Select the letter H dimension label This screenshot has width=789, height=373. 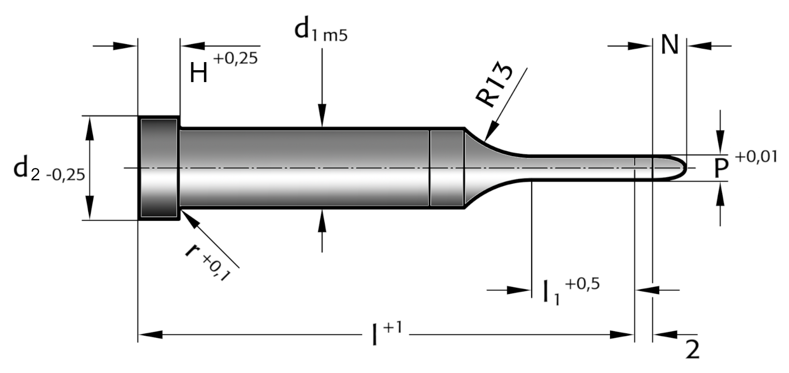[x=199, y=72]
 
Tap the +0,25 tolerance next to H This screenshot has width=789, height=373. [x=236, y=58]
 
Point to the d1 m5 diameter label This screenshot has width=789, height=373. [x=321, y=31]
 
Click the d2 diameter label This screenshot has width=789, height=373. [x=49, y=168]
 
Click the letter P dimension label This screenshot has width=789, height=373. [x=721, y=168]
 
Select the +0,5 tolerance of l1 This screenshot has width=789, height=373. [x=582, y=284]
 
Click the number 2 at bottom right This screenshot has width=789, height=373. [x=692, y=350]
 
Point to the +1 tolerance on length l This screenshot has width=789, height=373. [x=393, y=328]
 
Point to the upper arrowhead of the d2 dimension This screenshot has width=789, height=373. [x=89, y=128]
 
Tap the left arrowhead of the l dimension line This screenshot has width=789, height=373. [x=150, y=334]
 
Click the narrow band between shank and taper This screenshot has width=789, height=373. [x=446, y=168]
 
